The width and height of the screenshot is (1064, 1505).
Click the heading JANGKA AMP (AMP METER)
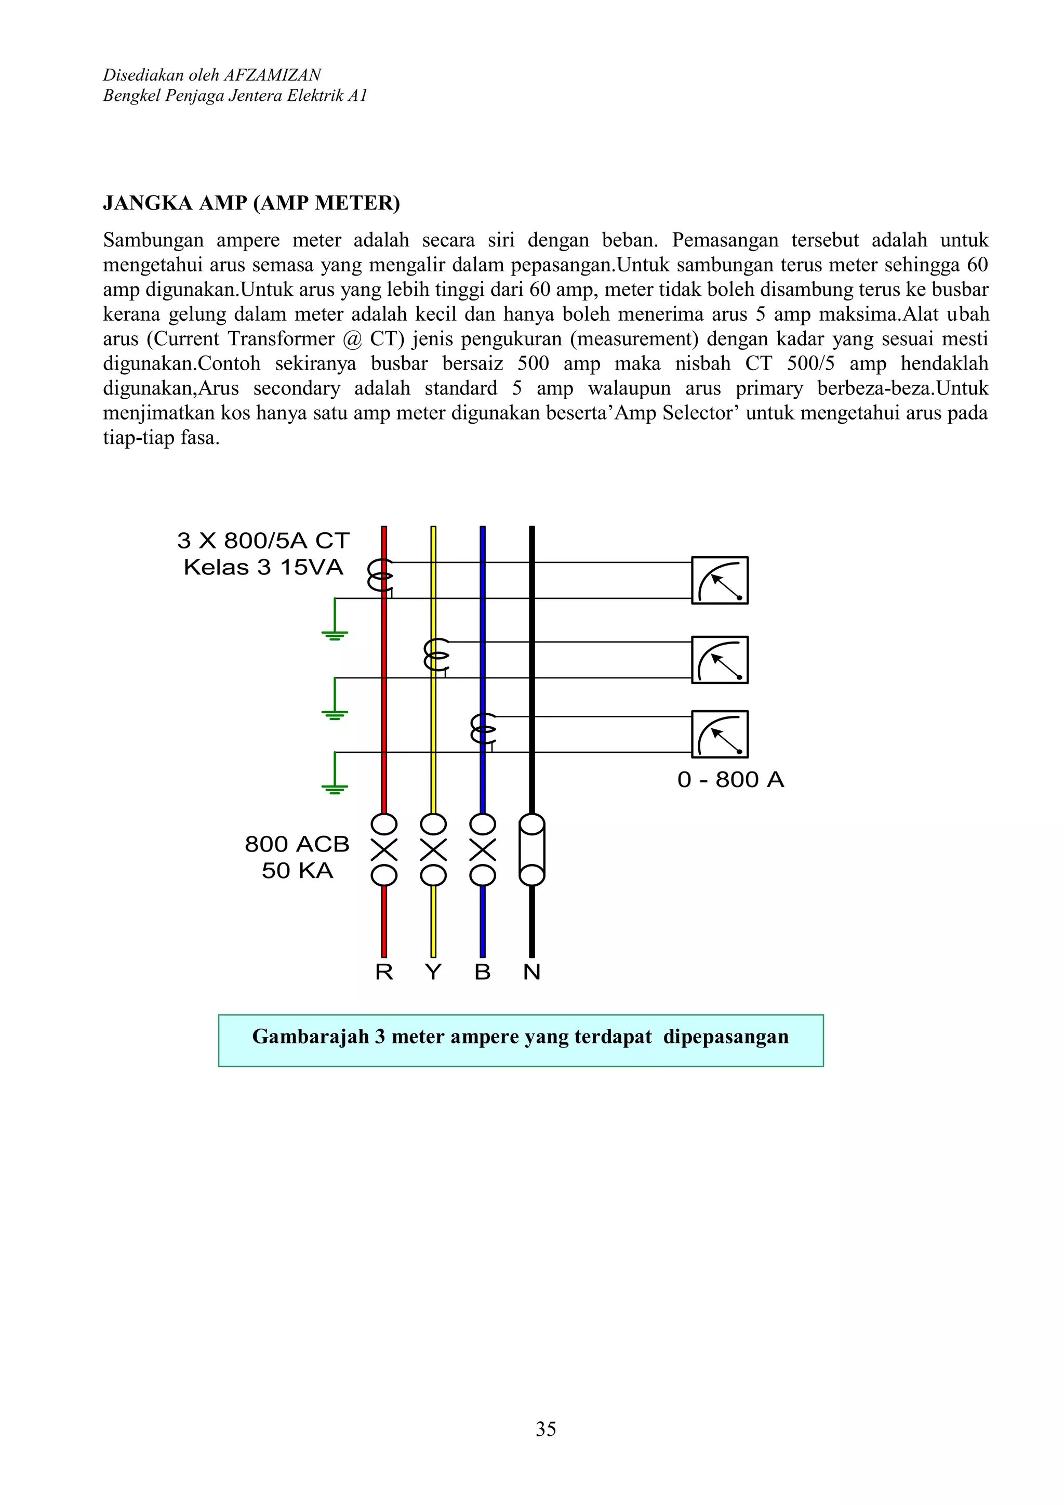pos(251,203)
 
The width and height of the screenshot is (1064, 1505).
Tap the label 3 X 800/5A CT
pos(263,541)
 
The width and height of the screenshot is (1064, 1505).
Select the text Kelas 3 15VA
pos(263,568)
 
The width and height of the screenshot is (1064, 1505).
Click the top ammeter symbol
pos(720,581)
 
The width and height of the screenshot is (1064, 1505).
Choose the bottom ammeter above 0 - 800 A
pos(720,734)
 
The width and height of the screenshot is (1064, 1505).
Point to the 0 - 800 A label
pos(730,780)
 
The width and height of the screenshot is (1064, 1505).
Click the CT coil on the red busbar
pos(380,575)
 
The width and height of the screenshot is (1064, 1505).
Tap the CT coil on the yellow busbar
pos(436,655)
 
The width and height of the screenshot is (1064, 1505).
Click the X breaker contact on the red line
pos(384,850)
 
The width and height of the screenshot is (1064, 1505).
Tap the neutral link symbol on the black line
pos(531,849)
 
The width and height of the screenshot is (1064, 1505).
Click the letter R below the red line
pos(384,972)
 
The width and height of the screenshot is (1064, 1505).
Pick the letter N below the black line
pos(531,972)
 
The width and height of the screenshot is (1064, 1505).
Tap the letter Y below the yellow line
pos(433,972)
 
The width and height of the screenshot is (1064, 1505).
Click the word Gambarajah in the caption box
pos(311,1037)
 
